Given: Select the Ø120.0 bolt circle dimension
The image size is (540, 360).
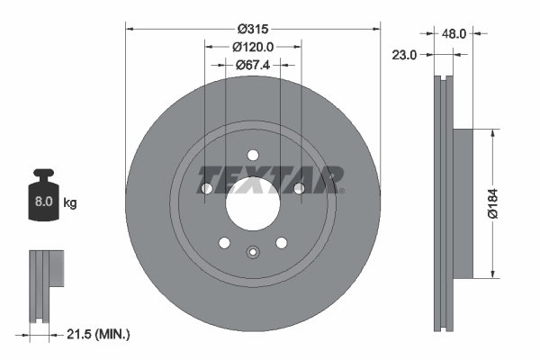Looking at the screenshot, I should point(253,46).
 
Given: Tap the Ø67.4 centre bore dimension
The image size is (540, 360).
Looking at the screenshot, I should point(253,65).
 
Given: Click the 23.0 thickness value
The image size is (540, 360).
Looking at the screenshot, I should point(405,55).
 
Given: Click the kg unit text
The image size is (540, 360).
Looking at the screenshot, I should point(69,203).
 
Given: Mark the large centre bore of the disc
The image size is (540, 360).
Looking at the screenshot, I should point(253,206).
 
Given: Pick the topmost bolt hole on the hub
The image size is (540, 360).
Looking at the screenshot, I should point(253,155).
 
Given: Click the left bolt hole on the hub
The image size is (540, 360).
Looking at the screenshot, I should point(207,188).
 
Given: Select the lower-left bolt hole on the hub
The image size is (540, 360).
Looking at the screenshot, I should point(224,242).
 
